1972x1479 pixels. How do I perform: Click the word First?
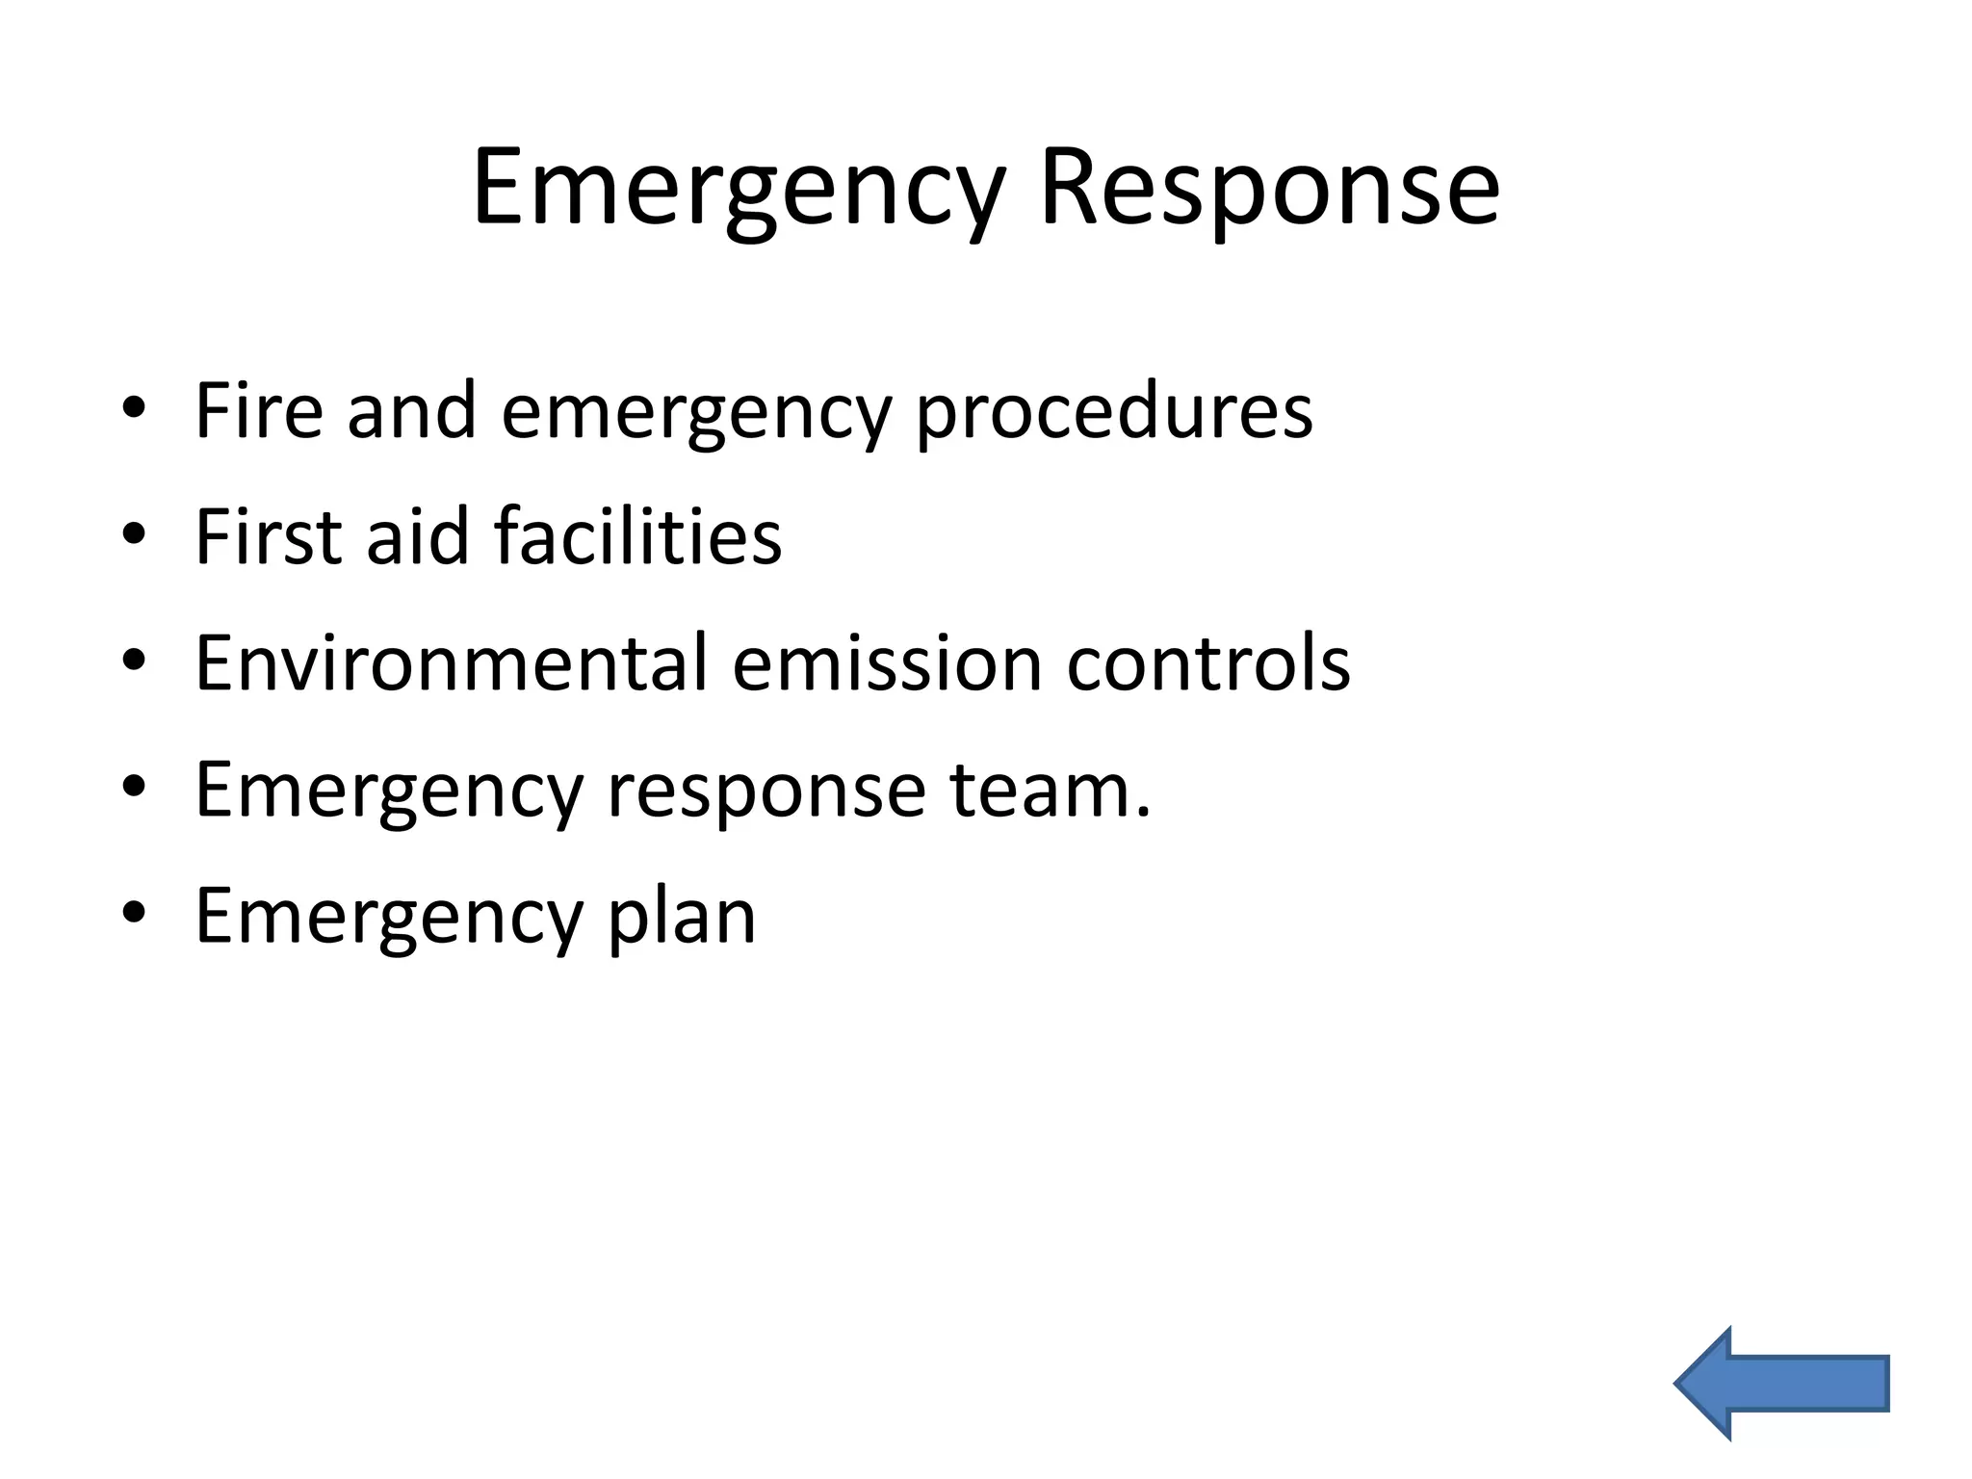[269, 536]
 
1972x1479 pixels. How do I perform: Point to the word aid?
[417, 536]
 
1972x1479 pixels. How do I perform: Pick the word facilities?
[637, 536]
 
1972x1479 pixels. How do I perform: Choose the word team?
[1050, 790]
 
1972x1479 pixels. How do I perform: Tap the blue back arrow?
[1781, 1384]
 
